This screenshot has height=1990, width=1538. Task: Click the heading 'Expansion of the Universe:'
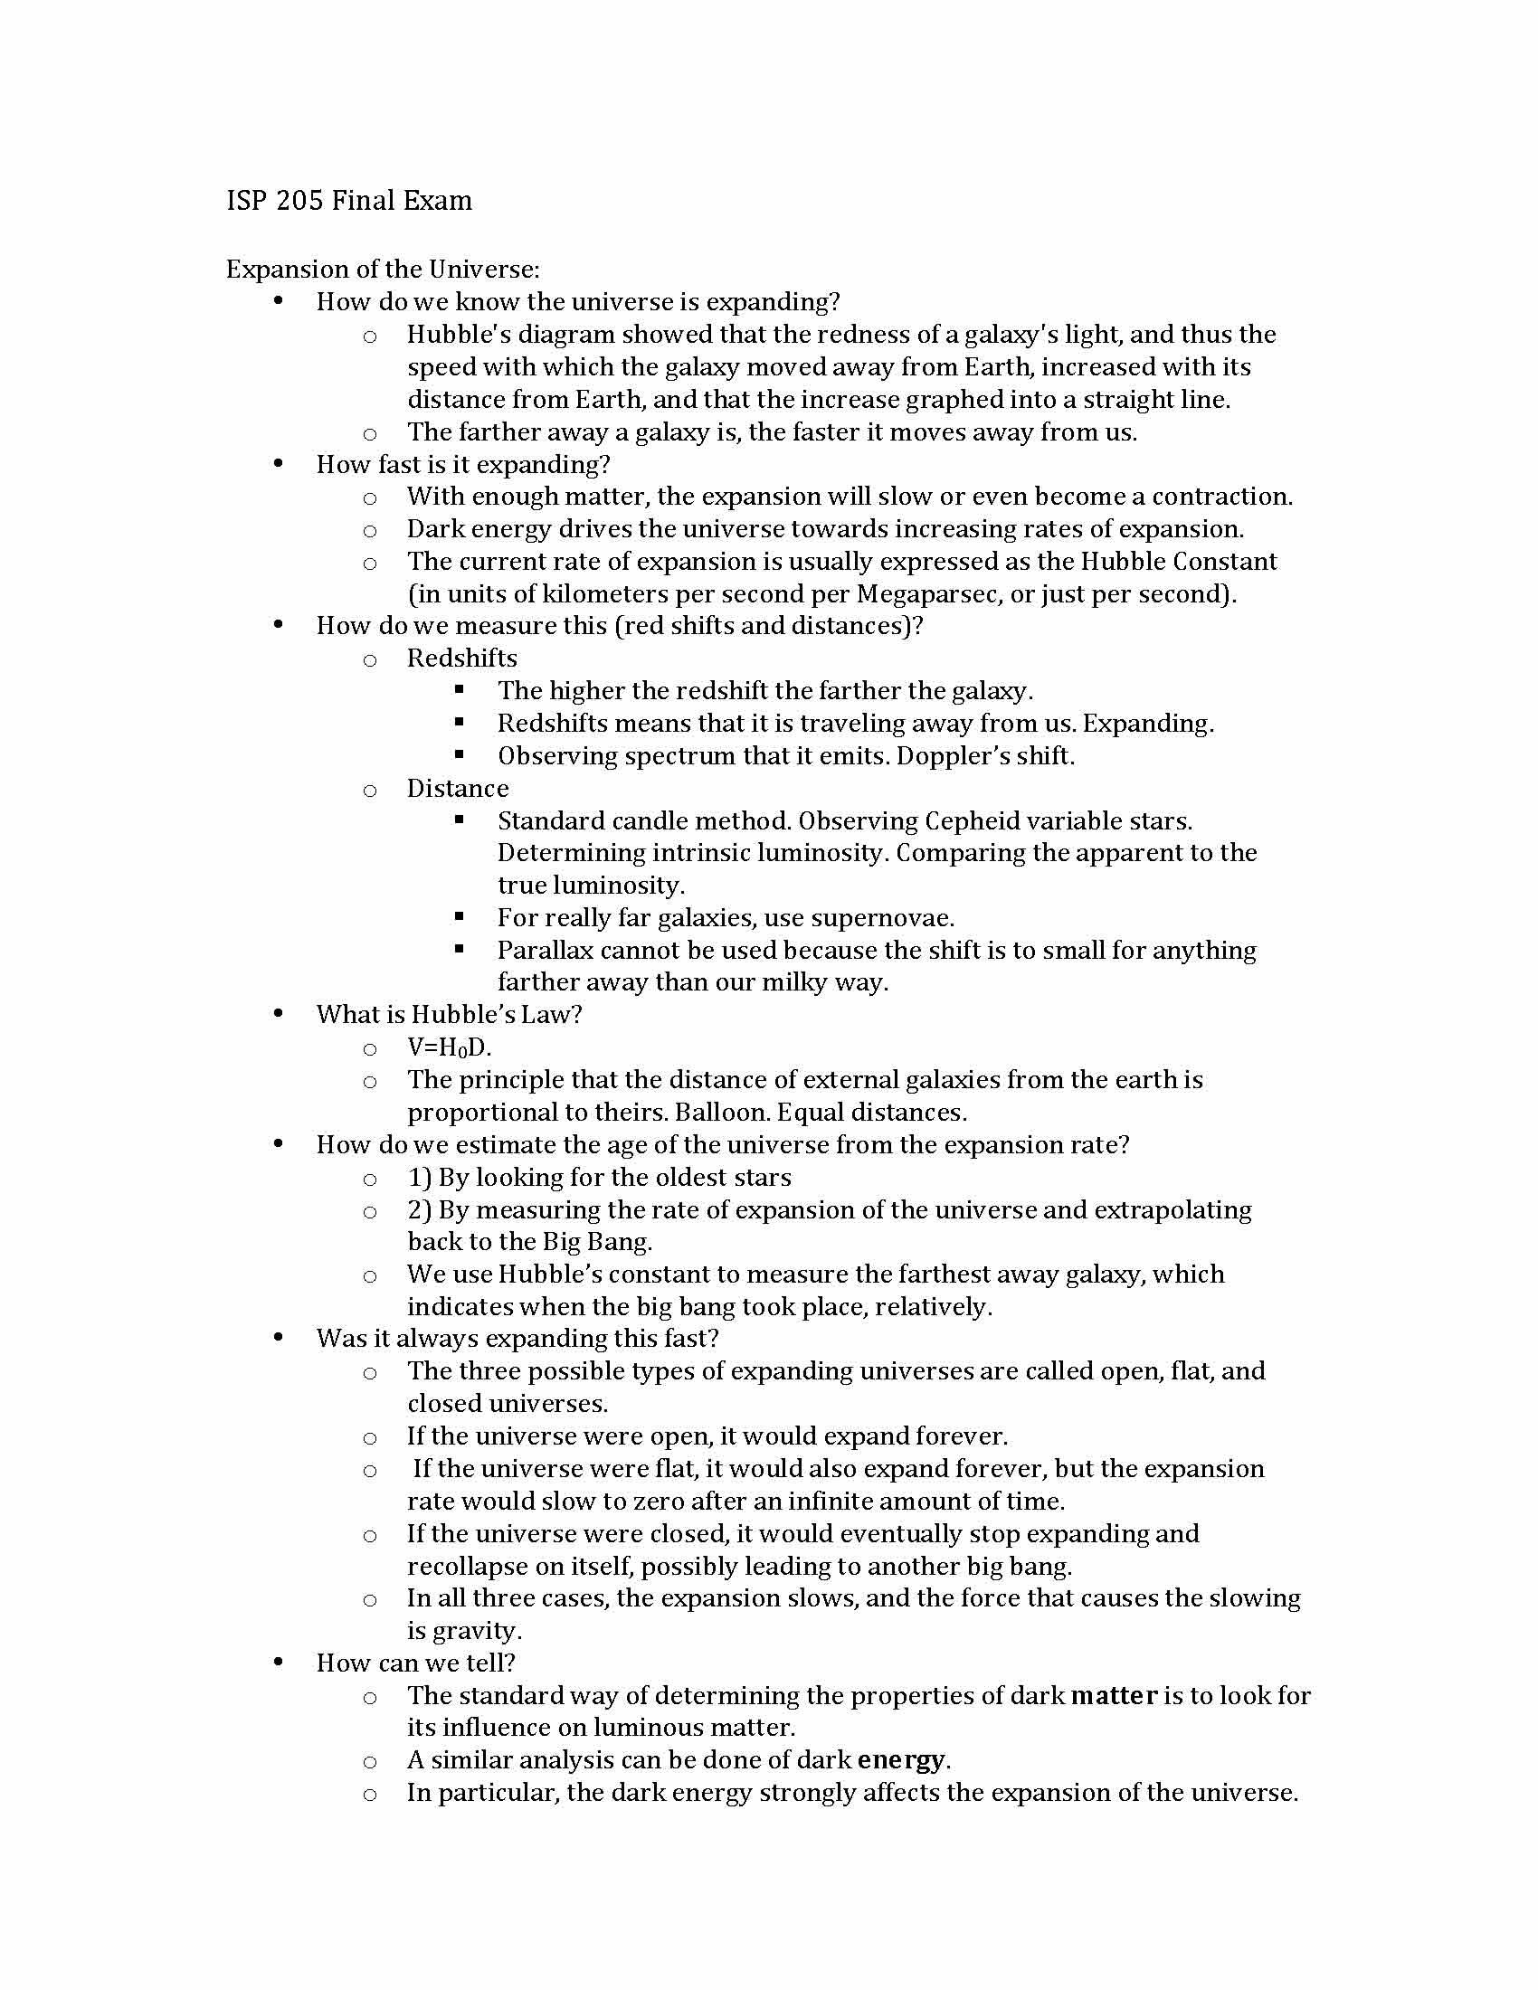pyautogui.click(x=383, y=270)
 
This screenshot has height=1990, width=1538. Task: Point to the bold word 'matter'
pyautogui.click(x=1114, y=1696)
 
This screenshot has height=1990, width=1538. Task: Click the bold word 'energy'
pyautogui.click(x=901, y=1760)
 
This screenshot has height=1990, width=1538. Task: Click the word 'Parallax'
pyautogui.click(x=543, y=951)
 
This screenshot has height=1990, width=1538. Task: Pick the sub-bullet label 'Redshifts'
pyautogui.click(x=462, y=659)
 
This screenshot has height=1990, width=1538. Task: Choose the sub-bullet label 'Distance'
pyautogui.click(x=458, y=788)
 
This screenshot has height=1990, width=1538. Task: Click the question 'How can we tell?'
pyautogui.click(x=415, y=1663)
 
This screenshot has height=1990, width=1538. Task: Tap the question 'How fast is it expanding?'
pyautogui.click(x=463, y=465)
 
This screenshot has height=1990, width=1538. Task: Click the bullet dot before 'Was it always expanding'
pyautogui.click(x=278, y=1338)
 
